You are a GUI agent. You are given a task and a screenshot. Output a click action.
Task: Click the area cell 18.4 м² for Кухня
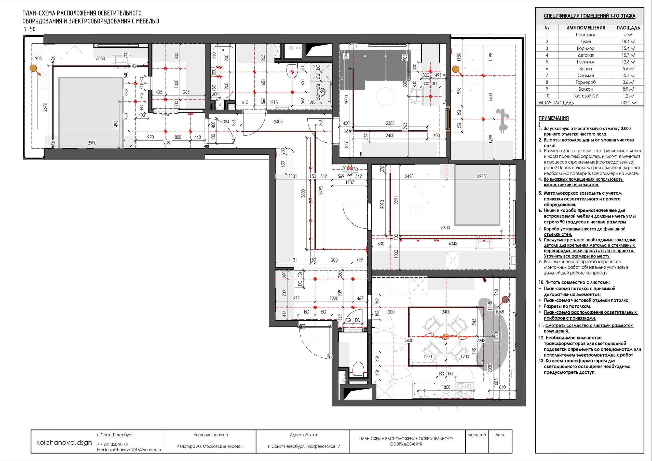pos(628,42)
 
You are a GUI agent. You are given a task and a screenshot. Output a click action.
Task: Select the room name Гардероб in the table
pos(586,82)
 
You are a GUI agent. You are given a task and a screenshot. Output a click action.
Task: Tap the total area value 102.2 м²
pos(628,103)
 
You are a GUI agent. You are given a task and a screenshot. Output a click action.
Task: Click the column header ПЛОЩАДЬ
pos(628,28)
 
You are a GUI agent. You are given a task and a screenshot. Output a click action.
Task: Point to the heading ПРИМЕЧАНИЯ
pos(553,118)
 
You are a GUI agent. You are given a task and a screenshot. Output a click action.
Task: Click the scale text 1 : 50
pos(30,29)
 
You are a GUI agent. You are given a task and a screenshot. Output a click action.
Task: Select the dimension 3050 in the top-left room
pos(101,59)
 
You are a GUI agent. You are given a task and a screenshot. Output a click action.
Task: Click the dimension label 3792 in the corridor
pos(321,190)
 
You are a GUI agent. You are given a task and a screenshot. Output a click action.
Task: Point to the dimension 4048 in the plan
pos(453,244)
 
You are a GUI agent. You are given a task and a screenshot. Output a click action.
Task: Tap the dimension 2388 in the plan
pos(390,123)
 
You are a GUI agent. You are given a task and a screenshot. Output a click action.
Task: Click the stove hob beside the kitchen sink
pos(465,389)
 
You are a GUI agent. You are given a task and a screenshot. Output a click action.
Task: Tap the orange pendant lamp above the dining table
pos(446,337)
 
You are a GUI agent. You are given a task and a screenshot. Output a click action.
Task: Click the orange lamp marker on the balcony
pos(456,69)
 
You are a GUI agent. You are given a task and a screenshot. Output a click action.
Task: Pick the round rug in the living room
pos(385,97)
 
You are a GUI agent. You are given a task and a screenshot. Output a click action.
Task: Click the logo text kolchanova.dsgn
pos(64,443)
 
